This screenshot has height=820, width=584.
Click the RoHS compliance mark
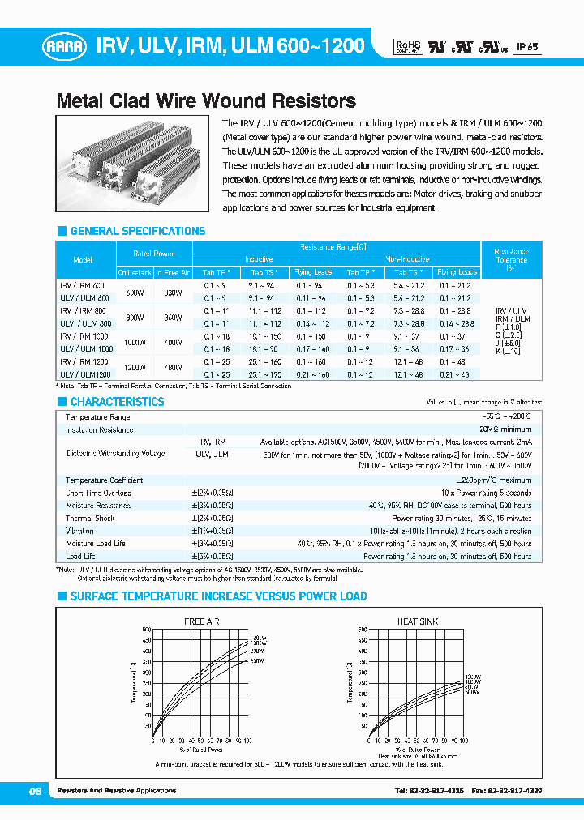408,47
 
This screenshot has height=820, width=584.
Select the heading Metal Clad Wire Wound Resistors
206,101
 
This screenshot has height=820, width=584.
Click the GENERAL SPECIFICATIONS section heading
137,231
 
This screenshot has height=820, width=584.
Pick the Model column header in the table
83,260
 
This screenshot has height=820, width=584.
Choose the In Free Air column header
173,273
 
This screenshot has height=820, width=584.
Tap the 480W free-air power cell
173,367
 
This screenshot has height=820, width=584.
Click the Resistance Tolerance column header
511,259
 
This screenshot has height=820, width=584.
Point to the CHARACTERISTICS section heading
117,402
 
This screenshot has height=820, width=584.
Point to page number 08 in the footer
35,790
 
